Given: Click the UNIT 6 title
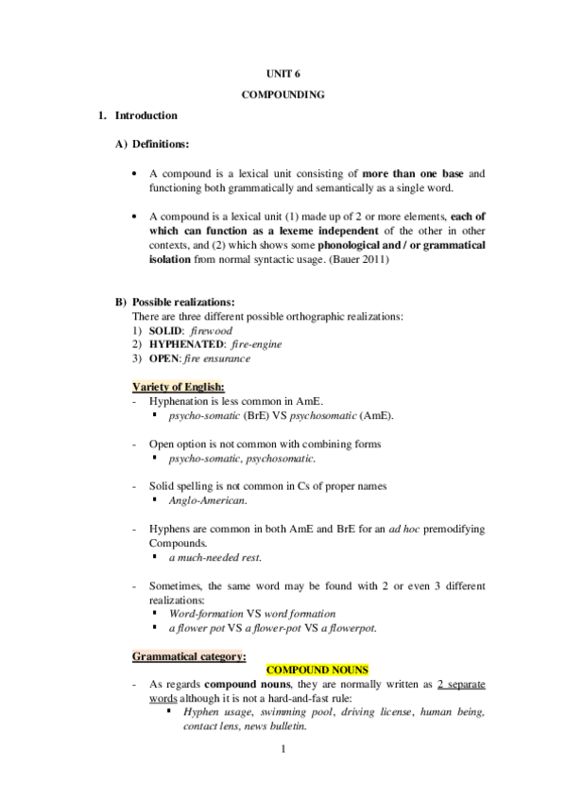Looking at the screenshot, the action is tap(283, 72).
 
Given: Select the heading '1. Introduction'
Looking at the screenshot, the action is tap(137, 115).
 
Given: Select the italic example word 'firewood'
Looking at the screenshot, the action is tap(210, 333).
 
